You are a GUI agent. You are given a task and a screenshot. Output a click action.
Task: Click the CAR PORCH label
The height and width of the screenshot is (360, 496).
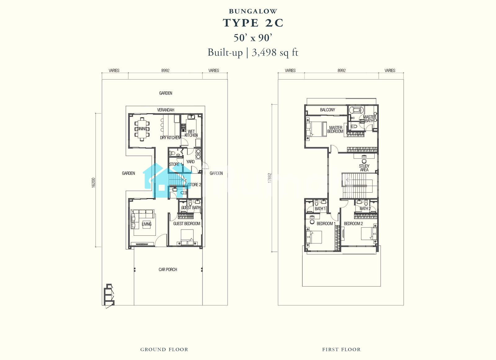(168, 270)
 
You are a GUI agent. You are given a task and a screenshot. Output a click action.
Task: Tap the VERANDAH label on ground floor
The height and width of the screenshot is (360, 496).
(166, 110)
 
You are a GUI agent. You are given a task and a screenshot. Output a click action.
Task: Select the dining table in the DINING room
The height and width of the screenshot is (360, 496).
(142, 129)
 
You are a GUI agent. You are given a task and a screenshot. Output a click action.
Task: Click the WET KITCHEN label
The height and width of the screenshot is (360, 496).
(191, 133)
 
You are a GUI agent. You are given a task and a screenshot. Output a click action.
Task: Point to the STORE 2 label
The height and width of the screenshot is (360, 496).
(194, 185)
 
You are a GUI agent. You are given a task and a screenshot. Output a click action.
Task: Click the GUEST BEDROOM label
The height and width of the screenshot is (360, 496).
(187, 223)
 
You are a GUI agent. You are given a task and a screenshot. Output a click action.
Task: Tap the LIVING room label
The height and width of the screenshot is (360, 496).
(147, 224)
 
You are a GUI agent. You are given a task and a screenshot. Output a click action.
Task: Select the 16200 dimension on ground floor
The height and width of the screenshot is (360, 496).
(93, 183)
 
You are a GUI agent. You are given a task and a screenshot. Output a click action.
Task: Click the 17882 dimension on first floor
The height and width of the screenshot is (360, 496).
(269, 178)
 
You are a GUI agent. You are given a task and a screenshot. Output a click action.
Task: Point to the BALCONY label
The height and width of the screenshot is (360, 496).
(327, 110)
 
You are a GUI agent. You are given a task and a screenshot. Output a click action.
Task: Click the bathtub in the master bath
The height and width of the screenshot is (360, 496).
(356, 110)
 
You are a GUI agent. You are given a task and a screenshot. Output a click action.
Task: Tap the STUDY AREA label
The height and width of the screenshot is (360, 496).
(364, 168)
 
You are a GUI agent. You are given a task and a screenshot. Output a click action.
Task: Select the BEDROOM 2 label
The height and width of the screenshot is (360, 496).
(353, 223)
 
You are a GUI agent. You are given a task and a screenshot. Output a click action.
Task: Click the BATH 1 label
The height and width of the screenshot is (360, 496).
(320, 209)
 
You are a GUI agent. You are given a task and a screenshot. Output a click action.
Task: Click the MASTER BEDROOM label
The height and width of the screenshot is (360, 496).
(335, 130)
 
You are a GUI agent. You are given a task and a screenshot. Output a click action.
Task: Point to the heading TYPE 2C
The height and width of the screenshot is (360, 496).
(253, 23)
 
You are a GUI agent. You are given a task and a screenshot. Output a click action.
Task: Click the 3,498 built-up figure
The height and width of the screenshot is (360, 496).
(264, 52)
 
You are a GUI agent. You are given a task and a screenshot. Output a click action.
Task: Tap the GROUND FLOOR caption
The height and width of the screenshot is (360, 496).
(164, 349)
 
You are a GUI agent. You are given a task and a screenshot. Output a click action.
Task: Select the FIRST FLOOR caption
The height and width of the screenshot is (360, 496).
(341, 349)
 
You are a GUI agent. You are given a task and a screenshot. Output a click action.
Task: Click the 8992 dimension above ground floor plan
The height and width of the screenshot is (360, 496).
(166, 70)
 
